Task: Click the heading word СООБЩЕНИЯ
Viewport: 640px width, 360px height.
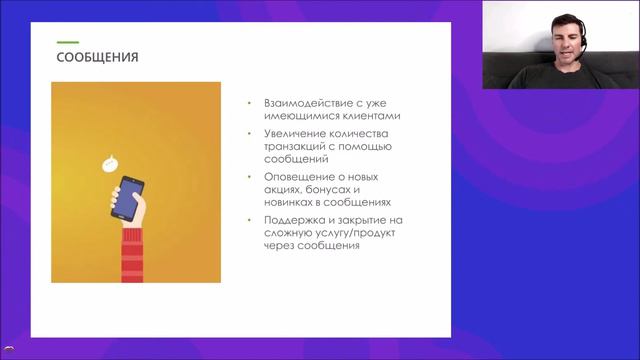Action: point(97,58)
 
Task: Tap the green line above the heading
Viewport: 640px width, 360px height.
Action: point(67,42)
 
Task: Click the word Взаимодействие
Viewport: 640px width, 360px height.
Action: point(301,104)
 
